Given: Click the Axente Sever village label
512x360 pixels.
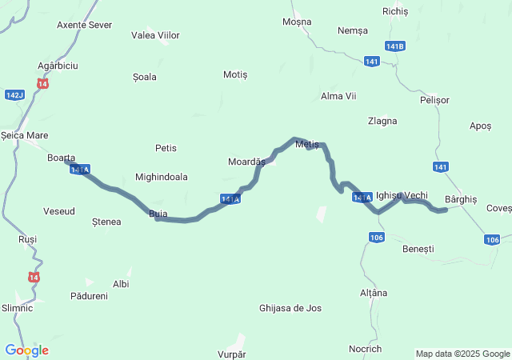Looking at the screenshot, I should point(84,25).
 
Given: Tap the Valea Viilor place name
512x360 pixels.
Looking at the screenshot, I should point(155,35).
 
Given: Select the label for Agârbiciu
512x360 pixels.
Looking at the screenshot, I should point(58,65).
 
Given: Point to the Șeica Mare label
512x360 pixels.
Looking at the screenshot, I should point(25,135).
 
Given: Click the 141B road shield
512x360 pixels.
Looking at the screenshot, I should point(394,46).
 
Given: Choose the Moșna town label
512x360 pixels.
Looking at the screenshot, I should point(297,21).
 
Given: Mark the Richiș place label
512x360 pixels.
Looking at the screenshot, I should point(395,11).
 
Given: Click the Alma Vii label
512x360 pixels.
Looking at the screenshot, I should point(338,96).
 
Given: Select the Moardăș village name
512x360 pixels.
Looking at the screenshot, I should point(246,162).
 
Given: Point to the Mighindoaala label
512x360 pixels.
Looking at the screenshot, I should point(162,177).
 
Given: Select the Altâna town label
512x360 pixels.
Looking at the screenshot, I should point(373,293).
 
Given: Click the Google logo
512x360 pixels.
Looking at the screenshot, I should point(26,350).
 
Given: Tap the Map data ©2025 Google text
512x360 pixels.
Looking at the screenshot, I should point(462,354).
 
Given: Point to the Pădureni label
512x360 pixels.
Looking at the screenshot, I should point(89,296).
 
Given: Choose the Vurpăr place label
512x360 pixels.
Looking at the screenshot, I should point(231,354).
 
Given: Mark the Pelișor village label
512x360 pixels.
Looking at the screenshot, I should point(434,100).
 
